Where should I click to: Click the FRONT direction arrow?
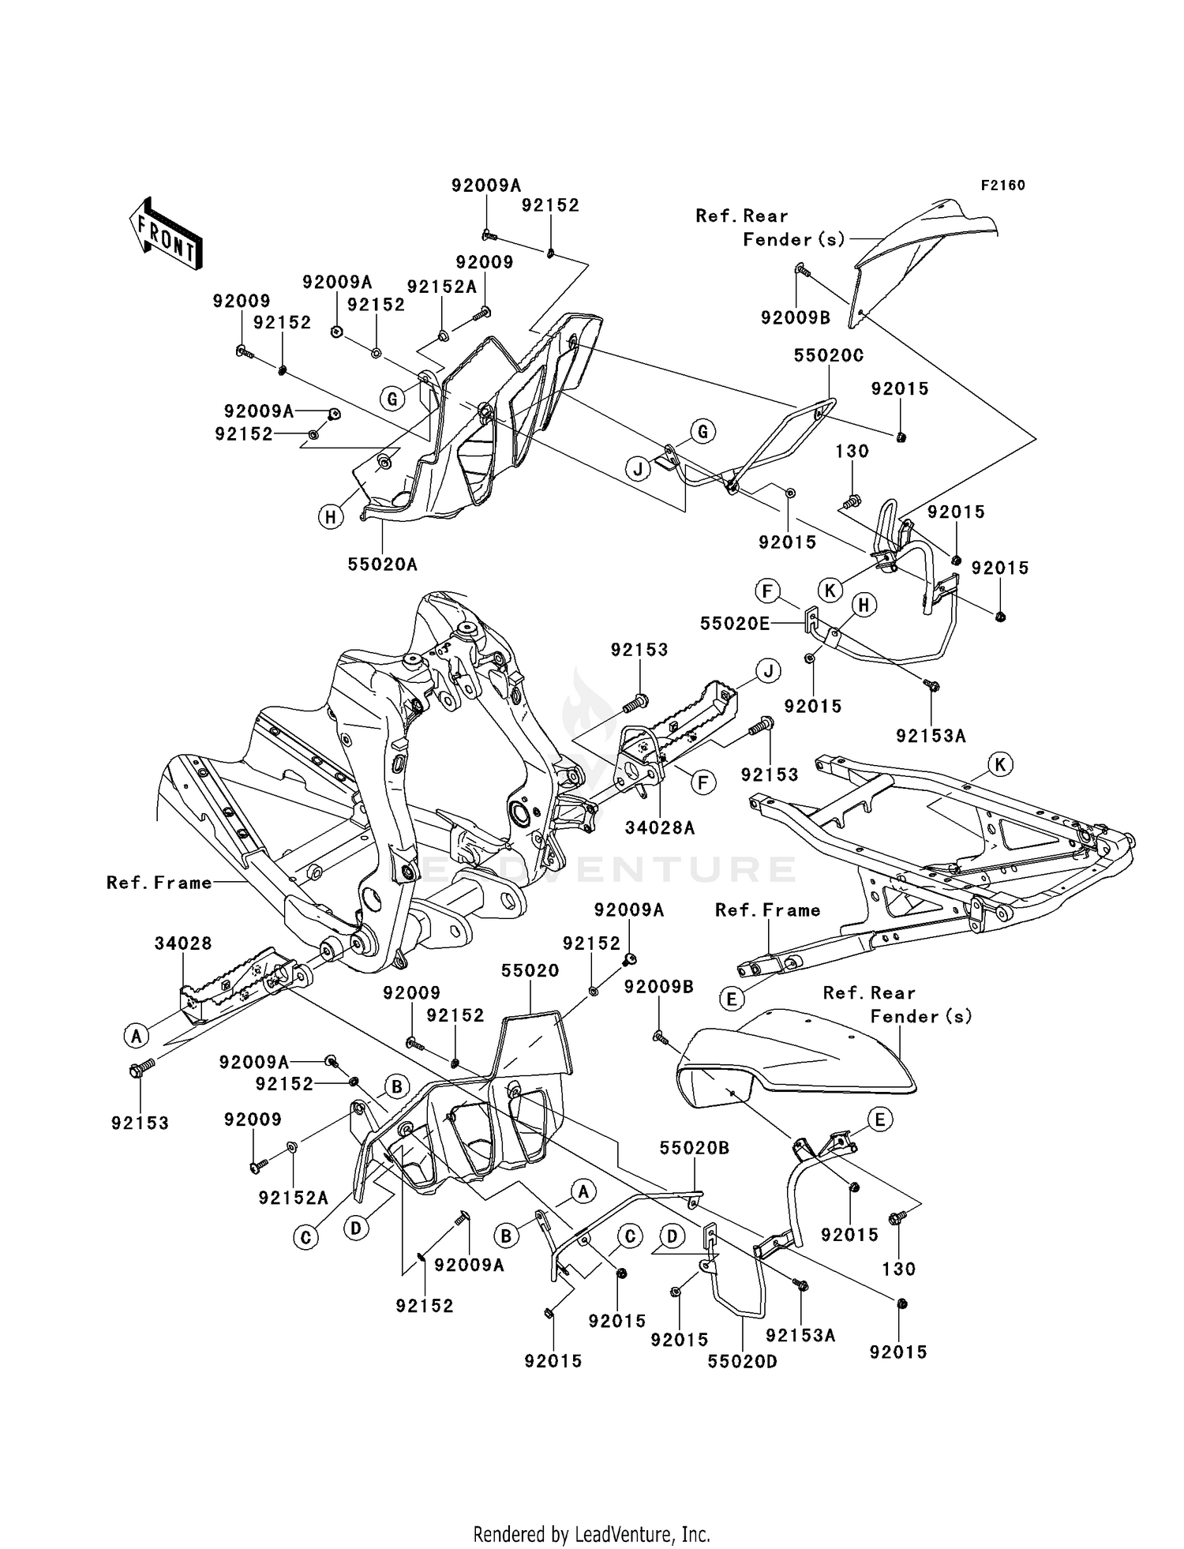click(165, 234)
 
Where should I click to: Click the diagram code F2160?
click(1002, 186)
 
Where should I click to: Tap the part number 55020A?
click(382, 564)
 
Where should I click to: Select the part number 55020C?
click(828, 356)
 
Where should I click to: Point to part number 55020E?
click(734, 624)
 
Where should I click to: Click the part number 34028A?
click(659, 827)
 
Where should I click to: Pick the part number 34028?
click(182, 943)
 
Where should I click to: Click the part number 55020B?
click(694, 1148)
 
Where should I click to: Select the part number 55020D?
click(742, 1361)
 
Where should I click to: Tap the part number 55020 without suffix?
click(530, 971)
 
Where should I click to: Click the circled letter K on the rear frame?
click(1000, 764)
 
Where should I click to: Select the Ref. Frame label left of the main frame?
click(159, 883)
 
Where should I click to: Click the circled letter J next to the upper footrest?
click(767, 671)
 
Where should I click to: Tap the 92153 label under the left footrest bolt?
click(140, 1123)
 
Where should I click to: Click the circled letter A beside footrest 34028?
click(137, 1035)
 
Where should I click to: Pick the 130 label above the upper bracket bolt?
click(852, 452)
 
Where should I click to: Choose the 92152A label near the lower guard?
click(293, 1198)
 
